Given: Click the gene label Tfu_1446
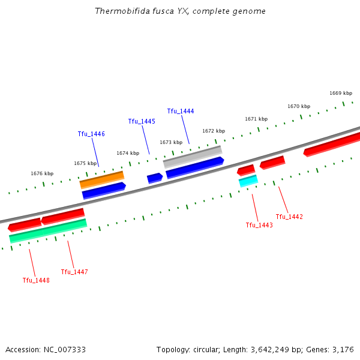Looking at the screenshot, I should (x=91, y=134).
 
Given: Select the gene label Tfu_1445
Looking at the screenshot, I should (x=142, y=121).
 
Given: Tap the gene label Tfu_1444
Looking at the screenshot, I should (x=181, y=111).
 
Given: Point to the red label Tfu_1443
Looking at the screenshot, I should (x=259, y=225).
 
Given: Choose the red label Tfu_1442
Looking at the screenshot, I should (x=289, y=217).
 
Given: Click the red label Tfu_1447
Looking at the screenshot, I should (x=74, y=272).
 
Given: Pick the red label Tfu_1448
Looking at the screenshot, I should (x=36, y=280).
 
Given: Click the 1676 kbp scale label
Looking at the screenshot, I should (x=42, y=173).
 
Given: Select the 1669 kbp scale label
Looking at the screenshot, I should (x=341, y=93).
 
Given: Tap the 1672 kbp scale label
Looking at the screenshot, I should (x=214, y=131).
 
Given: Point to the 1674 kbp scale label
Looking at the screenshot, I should (x=128, y=153).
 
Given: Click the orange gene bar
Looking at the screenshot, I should (x=102, y=179).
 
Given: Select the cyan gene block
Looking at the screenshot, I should (x=248, y=181).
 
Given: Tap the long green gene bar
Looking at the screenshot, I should (x=48, y=231).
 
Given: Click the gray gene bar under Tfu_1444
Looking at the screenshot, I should (x=192, y=157).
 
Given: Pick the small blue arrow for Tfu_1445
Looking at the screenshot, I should (x=155, y=178).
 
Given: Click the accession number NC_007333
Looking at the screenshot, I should (x=65, y=349).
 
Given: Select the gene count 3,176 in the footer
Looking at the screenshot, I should (x=344, y=349).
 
